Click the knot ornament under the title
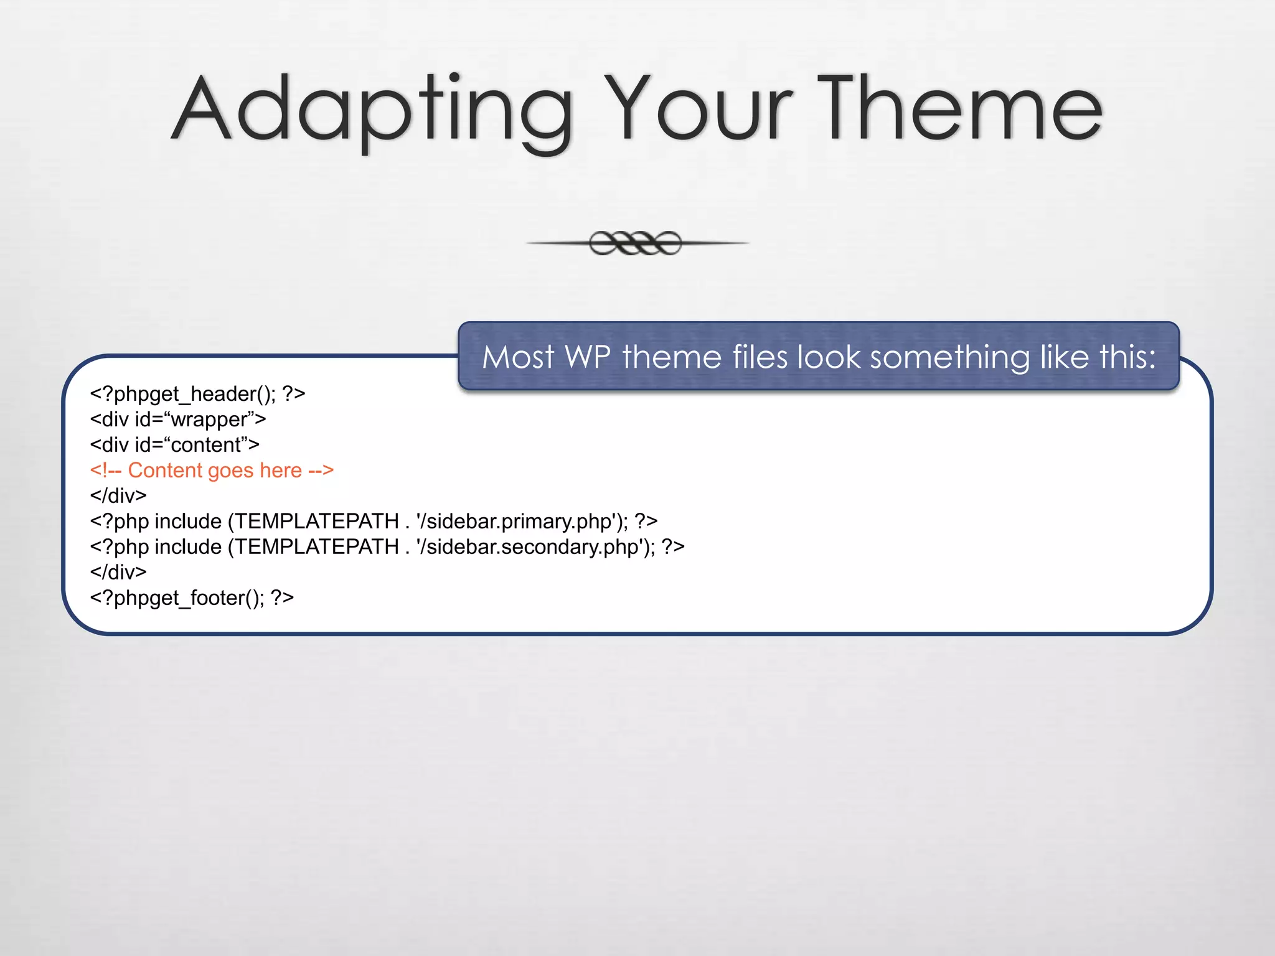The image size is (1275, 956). [636, 243]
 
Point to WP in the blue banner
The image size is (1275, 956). [587, 357]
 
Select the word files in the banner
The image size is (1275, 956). [760, 357]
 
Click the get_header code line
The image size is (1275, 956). [197, 394]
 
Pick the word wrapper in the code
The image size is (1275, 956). [209, 420]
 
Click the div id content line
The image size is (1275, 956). [174, 445]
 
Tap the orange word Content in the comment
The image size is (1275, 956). [162, 471]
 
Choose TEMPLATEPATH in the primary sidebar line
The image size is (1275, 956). [317, 522]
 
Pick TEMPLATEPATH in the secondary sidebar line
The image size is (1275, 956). [317, 547]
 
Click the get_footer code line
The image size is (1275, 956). [191, 598]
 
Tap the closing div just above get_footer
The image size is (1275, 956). [118, 572]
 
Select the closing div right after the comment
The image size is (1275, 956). [118, 496]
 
